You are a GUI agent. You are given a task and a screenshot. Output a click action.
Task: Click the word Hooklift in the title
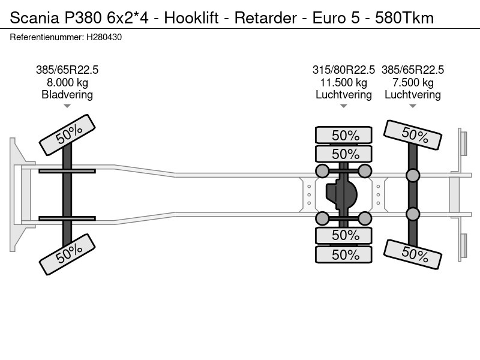(191, 18)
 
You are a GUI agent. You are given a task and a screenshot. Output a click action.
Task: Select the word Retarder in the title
(265, 18)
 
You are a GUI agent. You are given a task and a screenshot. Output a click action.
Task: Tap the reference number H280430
(104, 37)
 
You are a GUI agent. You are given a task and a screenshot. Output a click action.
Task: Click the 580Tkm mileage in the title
(404, 18)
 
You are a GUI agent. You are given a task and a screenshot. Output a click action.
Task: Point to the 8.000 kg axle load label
(67, 83)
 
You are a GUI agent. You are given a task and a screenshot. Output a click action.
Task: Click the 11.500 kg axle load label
(343, 83)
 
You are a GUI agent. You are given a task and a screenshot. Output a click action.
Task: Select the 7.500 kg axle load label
(413, 83)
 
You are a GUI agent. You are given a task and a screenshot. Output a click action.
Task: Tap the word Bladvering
(67, 95)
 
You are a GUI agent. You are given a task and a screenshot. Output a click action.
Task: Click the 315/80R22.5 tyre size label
(343, 70)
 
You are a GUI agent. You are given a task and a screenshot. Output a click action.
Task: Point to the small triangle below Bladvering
(67, 106)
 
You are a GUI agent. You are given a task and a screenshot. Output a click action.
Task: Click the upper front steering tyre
(67, 135)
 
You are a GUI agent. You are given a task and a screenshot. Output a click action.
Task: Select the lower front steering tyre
(67, 254)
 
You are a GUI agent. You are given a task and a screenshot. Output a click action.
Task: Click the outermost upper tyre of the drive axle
(343, 135)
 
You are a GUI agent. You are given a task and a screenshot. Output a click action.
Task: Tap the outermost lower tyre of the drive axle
(343, 254)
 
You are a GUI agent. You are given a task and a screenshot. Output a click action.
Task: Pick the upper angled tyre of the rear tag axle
(413, 135)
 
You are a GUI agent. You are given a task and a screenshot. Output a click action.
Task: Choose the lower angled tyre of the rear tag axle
(413, 254)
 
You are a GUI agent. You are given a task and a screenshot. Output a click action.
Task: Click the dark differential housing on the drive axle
(341, 194)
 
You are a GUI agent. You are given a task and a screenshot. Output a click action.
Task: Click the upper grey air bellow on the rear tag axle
(413, 175)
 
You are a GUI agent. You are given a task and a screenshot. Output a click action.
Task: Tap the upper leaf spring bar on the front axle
(67, 171)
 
